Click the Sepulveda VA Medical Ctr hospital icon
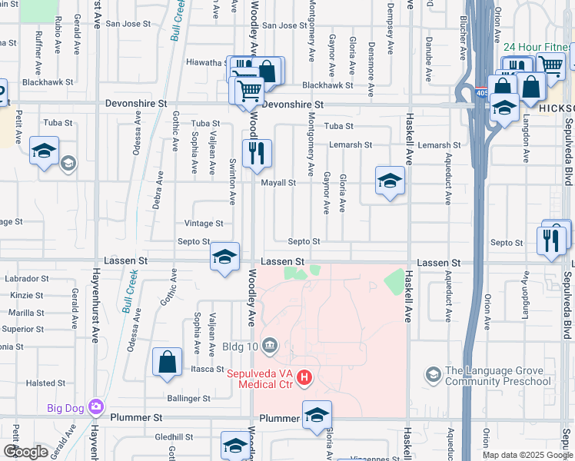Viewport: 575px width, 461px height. (x=305, y=377)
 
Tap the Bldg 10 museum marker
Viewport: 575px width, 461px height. (x=270, y=343)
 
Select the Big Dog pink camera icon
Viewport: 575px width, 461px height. (x=96, y=406)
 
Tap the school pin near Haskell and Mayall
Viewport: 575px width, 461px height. (x=390, y=181)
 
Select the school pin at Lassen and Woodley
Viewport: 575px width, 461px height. (x=224, y=257)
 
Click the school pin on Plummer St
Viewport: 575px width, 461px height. (x=317, y=416)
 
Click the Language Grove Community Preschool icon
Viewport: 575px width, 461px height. (x=433, y=374)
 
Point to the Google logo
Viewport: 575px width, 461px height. (x=26, y=452)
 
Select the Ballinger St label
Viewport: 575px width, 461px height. (x=188, y=399)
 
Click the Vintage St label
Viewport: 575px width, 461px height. (x=204, y=224)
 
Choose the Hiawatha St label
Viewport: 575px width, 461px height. (x=206, y=63)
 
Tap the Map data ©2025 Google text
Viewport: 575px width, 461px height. (x=527, y=455)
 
